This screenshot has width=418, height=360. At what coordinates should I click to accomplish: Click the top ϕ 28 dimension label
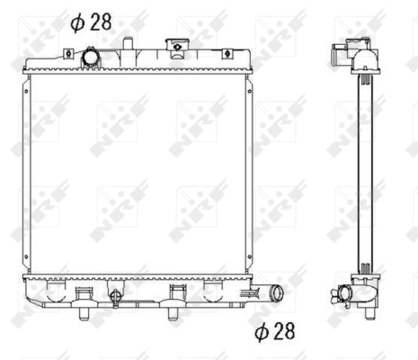(x=91, y=22)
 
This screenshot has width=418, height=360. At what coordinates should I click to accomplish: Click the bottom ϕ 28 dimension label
(x=275, y=332)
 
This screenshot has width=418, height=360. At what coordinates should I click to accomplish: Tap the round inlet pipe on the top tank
(x=91, y=57)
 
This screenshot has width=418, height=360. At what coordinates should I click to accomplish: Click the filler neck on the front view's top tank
(x=177, y=47)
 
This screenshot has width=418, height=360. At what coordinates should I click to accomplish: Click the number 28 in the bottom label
(x=283, y=332)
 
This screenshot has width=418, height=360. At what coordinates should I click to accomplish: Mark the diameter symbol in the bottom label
(x=262, y=332)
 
